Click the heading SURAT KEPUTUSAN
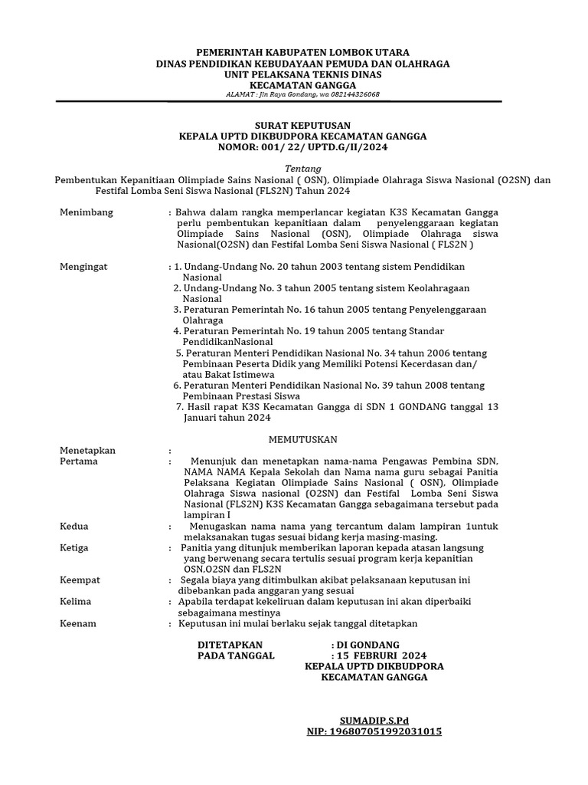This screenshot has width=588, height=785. (x=302, y=124)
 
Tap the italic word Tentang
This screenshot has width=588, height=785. (x=302, y=169)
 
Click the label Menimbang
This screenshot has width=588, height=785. (x=86, y=212)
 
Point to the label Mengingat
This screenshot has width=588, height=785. (x=84, y=266)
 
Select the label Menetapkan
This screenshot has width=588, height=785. (x=87, y=451)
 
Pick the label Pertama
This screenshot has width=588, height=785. (x=79, y=461)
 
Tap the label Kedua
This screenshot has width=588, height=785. (x=74, y=527)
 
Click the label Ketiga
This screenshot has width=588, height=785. (x=75, y=548)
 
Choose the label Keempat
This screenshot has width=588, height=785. (x=80, y=580)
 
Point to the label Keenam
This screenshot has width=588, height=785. (x=78, y=624)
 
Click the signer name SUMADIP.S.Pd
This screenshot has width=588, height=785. (x=374, y=721)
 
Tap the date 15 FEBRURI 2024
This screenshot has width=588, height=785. (x=381, y=656)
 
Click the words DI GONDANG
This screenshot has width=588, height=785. (x=368, y=645)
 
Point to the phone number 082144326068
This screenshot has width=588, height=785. (x=353, y=94)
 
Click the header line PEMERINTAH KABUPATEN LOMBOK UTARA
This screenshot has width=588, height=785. (x=302, y=51)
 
